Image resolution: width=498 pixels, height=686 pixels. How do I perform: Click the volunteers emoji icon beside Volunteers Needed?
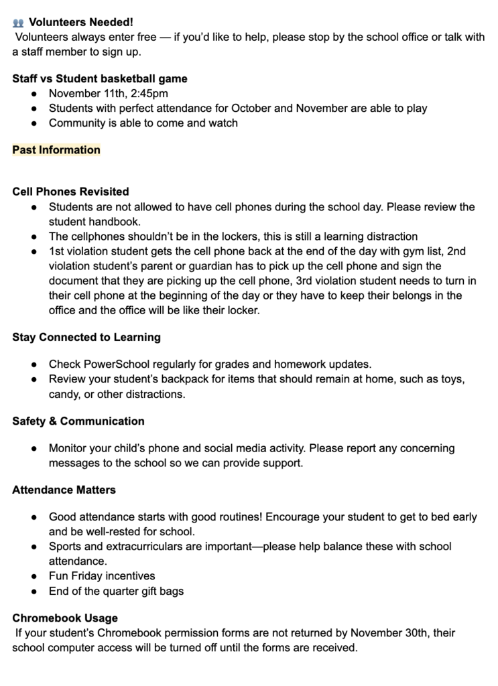(18, 22)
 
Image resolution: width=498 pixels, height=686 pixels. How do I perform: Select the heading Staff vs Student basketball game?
(100, 78)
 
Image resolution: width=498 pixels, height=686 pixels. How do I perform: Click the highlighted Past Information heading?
(56, 150)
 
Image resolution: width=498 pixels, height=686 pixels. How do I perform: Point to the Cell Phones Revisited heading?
(70, 192)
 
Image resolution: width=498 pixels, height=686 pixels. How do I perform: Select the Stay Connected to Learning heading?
(86, 337)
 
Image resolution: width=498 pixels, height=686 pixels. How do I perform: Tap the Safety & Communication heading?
(78, 421)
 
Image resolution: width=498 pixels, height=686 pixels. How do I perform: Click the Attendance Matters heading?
(64, 490)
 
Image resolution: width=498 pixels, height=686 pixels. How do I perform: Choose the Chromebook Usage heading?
(65, 618)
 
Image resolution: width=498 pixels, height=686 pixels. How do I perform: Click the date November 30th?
(388, 632)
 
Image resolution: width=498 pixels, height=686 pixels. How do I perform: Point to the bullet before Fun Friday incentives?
(34, 576)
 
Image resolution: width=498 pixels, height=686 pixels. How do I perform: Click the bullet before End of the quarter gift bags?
(34, 591)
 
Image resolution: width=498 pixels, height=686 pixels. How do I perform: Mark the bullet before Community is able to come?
(34, 123)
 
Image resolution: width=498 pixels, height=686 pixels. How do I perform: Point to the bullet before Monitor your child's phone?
(34, 448)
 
